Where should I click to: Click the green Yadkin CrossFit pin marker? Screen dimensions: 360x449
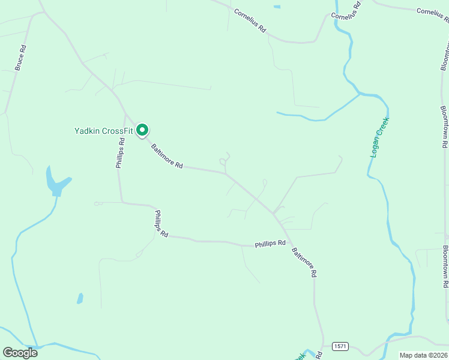click(142, 130)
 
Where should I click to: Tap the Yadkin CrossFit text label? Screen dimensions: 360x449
click(103, 130)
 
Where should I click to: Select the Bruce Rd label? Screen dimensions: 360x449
click(20, 58)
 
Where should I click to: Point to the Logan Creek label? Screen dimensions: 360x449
click(379, 137)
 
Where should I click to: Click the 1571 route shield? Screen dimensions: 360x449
click(340, 347)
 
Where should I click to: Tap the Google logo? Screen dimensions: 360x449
click(20, 352)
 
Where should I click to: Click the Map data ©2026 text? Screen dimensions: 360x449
click(423, 355)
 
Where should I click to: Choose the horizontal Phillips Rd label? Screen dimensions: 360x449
click(270, 244)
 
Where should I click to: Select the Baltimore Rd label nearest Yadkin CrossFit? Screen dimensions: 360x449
click(166, 155)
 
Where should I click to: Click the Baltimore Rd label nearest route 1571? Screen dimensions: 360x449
click(304, 262)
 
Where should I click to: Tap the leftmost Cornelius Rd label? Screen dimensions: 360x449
click(250, 20)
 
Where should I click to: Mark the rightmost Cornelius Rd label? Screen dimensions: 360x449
click(433, 11)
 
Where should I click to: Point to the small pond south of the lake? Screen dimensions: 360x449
click(79, 298)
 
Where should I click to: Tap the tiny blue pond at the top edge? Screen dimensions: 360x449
click(276, 7)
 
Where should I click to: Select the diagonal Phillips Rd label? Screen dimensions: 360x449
click(161, 224)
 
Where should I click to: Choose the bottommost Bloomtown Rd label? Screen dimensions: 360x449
click(445, 264)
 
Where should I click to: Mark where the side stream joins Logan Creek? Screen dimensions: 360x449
click(359, 94)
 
